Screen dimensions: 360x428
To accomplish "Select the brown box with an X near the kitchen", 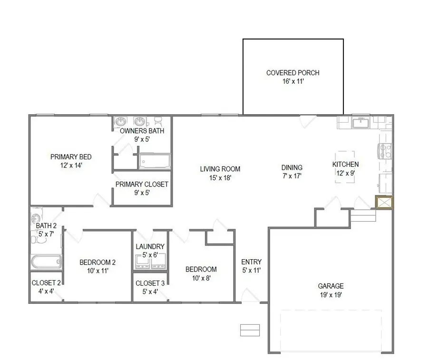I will [384, 202].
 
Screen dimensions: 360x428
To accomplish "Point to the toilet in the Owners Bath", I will [158, 121].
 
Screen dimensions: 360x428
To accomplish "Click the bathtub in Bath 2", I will [46, 262].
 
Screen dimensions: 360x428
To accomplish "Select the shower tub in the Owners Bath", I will [154, 161].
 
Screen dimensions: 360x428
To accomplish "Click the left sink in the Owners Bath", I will [122, 122].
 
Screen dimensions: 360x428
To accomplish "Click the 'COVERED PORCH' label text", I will [292, 73].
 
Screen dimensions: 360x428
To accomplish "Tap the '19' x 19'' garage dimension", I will [331, 294].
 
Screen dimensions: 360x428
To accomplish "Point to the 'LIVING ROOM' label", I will [220, 169].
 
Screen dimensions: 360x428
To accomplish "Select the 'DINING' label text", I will [292, 167].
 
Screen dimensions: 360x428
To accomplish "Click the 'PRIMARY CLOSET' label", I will [142, 184].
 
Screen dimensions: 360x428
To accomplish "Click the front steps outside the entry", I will [250, 330].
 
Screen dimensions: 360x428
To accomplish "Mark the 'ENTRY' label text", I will [251, 262].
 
